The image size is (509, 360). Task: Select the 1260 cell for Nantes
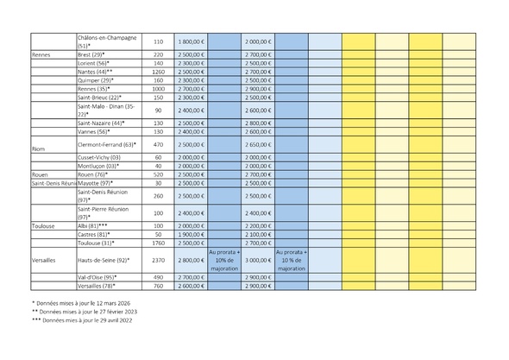click(158, 72)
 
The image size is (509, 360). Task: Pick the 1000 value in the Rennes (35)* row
click(158, 89)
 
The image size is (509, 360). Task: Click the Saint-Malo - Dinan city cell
click(105, 111)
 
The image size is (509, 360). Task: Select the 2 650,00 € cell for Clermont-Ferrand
click(258, 144)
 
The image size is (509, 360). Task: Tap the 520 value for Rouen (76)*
click(158, 174)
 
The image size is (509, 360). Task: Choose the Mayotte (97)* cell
click(96, 183)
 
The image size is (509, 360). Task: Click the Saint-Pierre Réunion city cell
click(103, 212)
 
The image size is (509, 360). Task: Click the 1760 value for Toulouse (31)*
click(158, 243)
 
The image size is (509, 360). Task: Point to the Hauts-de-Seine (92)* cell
click(103, 260)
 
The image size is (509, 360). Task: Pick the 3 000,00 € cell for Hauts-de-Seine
click(258, 260)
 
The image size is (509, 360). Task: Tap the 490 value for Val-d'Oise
click(158, 277)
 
